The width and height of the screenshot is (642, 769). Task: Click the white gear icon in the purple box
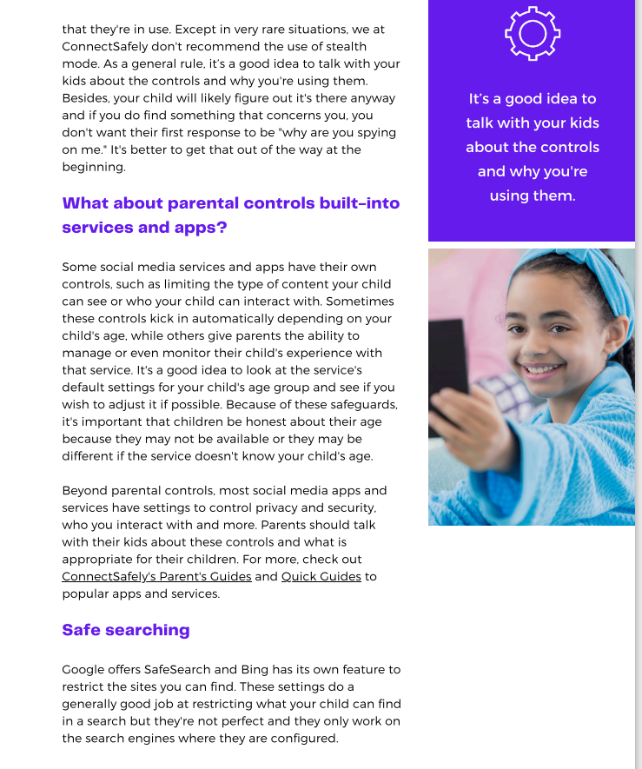pos(532,33)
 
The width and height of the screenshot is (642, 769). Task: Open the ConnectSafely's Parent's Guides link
pos(156,577)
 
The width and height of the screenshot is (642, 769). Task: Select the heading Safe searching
pos(125,630)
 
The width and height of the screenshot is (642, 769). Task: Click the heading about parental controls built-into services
pos(230,215)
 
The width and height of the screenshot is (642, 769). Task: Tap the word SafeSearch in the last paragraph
pos(181,670)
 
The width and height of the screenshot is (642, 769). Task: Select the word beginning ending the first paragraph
pos(94,168)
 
